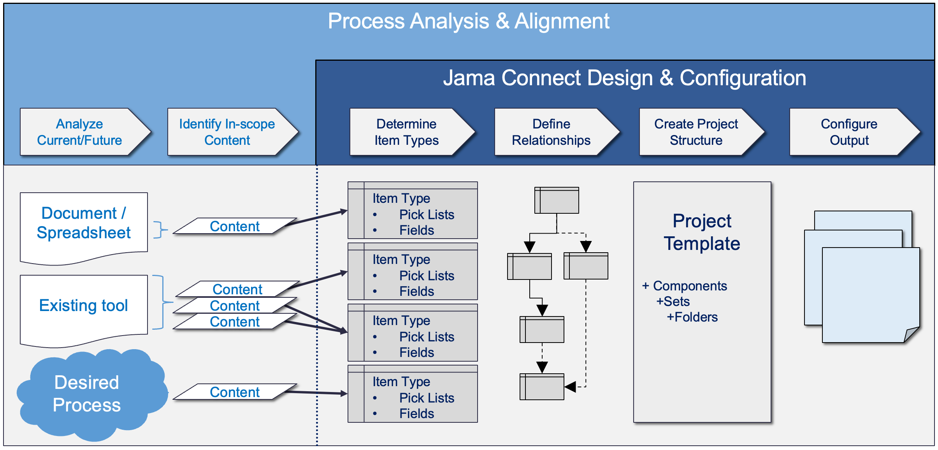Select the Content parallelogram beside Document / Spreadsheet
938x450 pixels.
pyautogui.click(x=235, y=226)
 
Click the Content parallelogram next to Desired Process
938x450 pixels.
pyautogui.click(x=235, y=392)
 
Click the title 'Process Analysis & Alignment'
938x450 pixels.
pyautogui.click(x=469, y=21)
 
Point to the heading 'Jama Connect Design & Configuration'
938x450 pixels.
pyautogui.click(x=625, y=78)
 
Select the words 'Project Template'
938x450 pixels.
pyautogui.click(x=702, y=232)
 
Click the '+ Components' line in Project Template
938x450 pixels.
pyautogui.click(x=685, y=286)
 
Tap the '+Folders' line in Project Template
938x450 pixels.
pyautogui.click(x=692, y=317)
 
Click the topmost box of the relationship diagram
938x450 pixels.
pyautogui.click(x=557, y=200)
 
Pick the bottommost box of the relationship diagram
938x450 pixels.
pyautogui.click(x=542, y=387)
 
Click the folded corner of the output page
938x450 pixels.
pyautogui.click(x=910, y=335)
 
